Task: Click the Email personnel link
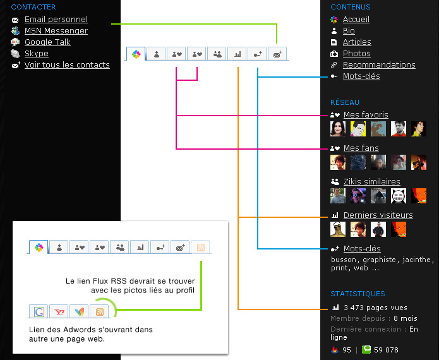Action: pos(56,20)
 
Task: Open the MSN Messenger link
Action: pos(56,31)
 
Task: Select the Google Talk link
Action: pos(47,42)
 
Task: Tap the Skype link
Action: pos(37,54)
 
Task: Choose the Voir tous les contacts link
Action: pos(67,65)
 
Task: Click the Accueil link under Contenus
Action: pos(356,20)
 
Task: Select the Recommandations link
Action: pos(379,65)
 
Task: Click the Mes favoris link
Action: pos(366,115)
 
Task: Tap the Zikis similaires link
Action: pos(372,182)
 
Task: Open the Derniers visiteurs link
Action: pos(378,215)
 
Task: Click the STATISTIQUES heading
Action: pos(358,294)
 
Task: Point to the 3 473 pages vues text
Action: pos(375,308)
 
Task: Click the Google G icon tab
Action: pos(39,311)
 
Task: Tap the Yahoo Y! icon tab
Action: pos(59,311)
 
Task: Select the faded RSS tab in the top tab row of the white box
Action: pos(200,247)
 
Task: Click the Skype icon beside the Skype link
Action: pos(15,54)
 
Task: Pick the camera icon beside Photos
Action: pos(334,54)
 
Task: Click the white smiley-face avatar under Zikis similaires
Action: pos(399,196)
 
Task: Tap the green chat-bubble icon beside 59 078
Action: pos(366,349)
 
